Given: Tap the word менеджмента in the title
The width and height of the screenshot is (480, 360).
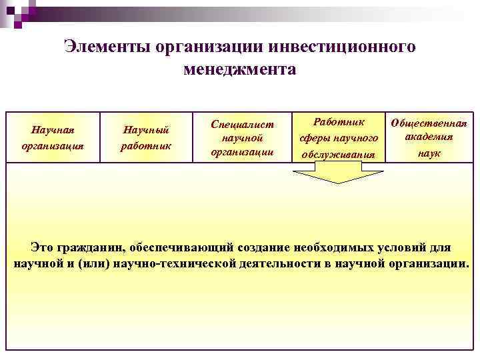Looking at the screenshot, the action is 239,69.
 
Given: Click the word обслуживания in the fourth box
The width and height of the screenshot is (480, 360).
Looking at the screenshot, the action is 339,155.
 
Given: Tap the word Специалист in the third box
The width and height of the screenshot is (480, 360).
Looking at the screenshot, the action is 242,124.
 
